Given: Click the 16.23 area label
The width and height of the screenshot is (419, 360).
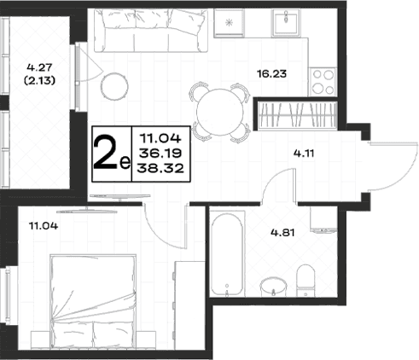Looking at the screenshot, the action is point(271,74).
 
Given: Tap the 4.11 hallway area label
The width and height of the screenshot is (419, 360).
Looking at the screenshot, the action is point(304,154).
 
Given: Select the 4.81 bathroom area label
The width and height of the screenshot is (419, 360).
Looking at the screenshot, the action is point(282,233).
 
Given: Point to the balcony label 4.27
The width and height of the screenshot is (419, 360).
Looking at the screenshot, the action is point(39,67).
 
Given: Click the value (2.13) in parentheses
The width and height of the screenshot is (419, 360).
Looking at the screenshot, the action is point(39,81).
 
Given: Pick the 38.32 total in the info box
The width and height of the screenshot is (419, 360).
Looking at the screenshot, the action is point(160,169).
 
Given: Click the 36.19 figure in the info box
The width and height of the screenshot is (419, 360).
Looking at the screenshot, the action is point(160,154).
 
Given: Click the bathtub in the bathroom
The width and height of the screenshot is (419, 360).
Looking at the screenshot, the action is point(227,253).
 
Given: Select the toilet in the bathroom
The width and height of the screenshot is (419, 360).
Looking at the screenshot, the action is point(306,281).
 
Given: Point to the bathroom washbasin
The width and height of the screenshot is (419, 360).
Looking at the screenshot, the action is point(274,287).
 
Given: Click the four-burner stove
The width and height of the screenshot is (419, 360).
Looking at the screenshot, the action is point(323,82).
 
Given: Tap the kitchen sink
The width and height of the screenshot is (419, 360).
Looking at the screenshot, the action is point(286,23).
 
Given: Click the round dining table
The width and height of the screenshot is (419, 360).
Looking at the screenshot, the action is point(220,112).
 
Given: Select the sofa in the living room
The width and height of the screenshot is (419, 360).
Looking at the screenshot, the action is point(151,31).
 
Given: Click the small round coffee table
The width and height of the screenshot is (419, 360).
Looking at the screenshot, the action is point(114,86).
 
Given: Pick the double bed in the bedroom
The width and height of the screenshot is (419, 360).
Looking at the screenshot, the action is point(93,301).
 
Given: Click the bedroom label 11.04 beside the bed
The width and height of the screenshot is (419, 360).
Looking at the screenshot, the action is point(44,226).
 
